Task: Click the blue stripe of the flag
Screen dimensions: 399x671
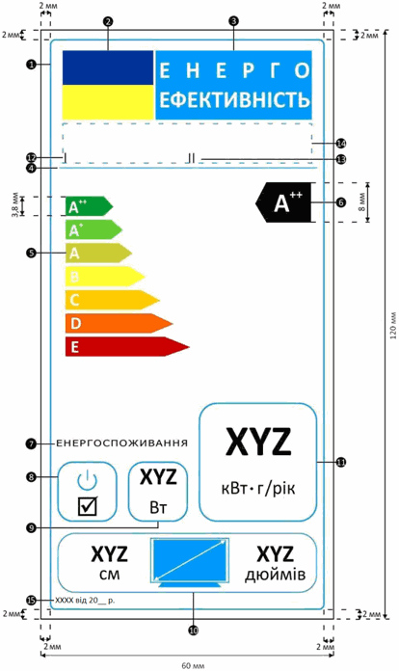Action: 108,67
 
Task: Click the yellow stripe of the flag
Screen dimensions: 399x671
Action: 108,102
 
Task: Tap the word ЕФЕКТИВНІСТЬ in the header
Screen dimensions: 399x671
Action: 234,99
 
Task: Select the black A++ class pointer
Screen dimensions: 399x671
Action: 283,202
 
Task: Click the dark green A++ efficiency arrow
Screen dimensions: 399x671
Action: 89,206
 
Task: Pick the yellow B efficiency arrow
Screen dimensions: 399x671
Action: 105,277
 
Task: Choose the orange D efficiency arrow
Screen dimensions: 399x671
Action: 120,323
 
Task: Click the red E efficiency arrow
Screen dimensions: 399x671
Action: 127,346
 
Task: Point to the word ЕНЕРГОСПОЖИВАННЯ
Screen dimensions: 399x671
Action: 121,443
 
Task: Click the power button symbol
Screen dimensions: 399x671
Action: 88,480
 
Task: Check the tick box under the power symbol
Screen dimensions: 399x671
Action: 88,506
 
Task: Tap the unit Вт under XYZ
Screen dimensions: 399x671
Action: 158,508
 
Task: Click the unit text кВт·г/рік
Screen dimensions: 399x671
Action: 258,488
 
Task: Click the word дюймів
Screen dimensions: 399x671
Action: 275,575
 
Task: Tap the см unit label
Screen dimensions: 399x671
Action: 110,575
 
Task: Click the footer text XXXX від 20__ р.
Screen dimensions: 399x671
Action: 85,601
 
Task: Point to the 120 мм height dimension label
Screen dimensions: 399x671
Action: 393,325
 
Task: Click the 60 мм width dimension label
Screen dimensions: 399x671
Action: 193,666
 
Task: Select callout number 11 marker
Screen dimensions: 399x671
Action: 341,462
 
